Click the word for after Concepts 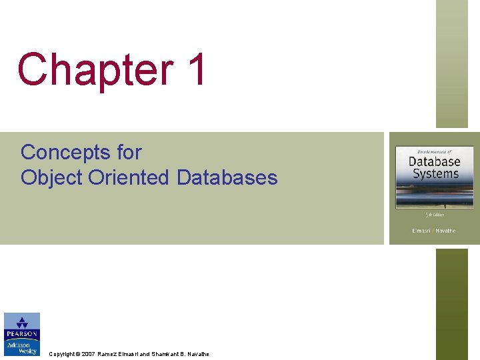[129, 153]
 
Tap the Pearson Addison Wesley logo [21, 334]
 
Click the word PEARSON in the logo [21, 334]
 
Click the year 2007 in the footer [89, 354]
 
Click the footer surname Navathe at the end [197, 354]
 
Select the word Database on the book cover [434, 161]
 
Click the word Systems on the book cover [435, 173]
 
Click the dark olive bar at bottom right [452, 303]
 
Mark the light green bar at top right [452, 63]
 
